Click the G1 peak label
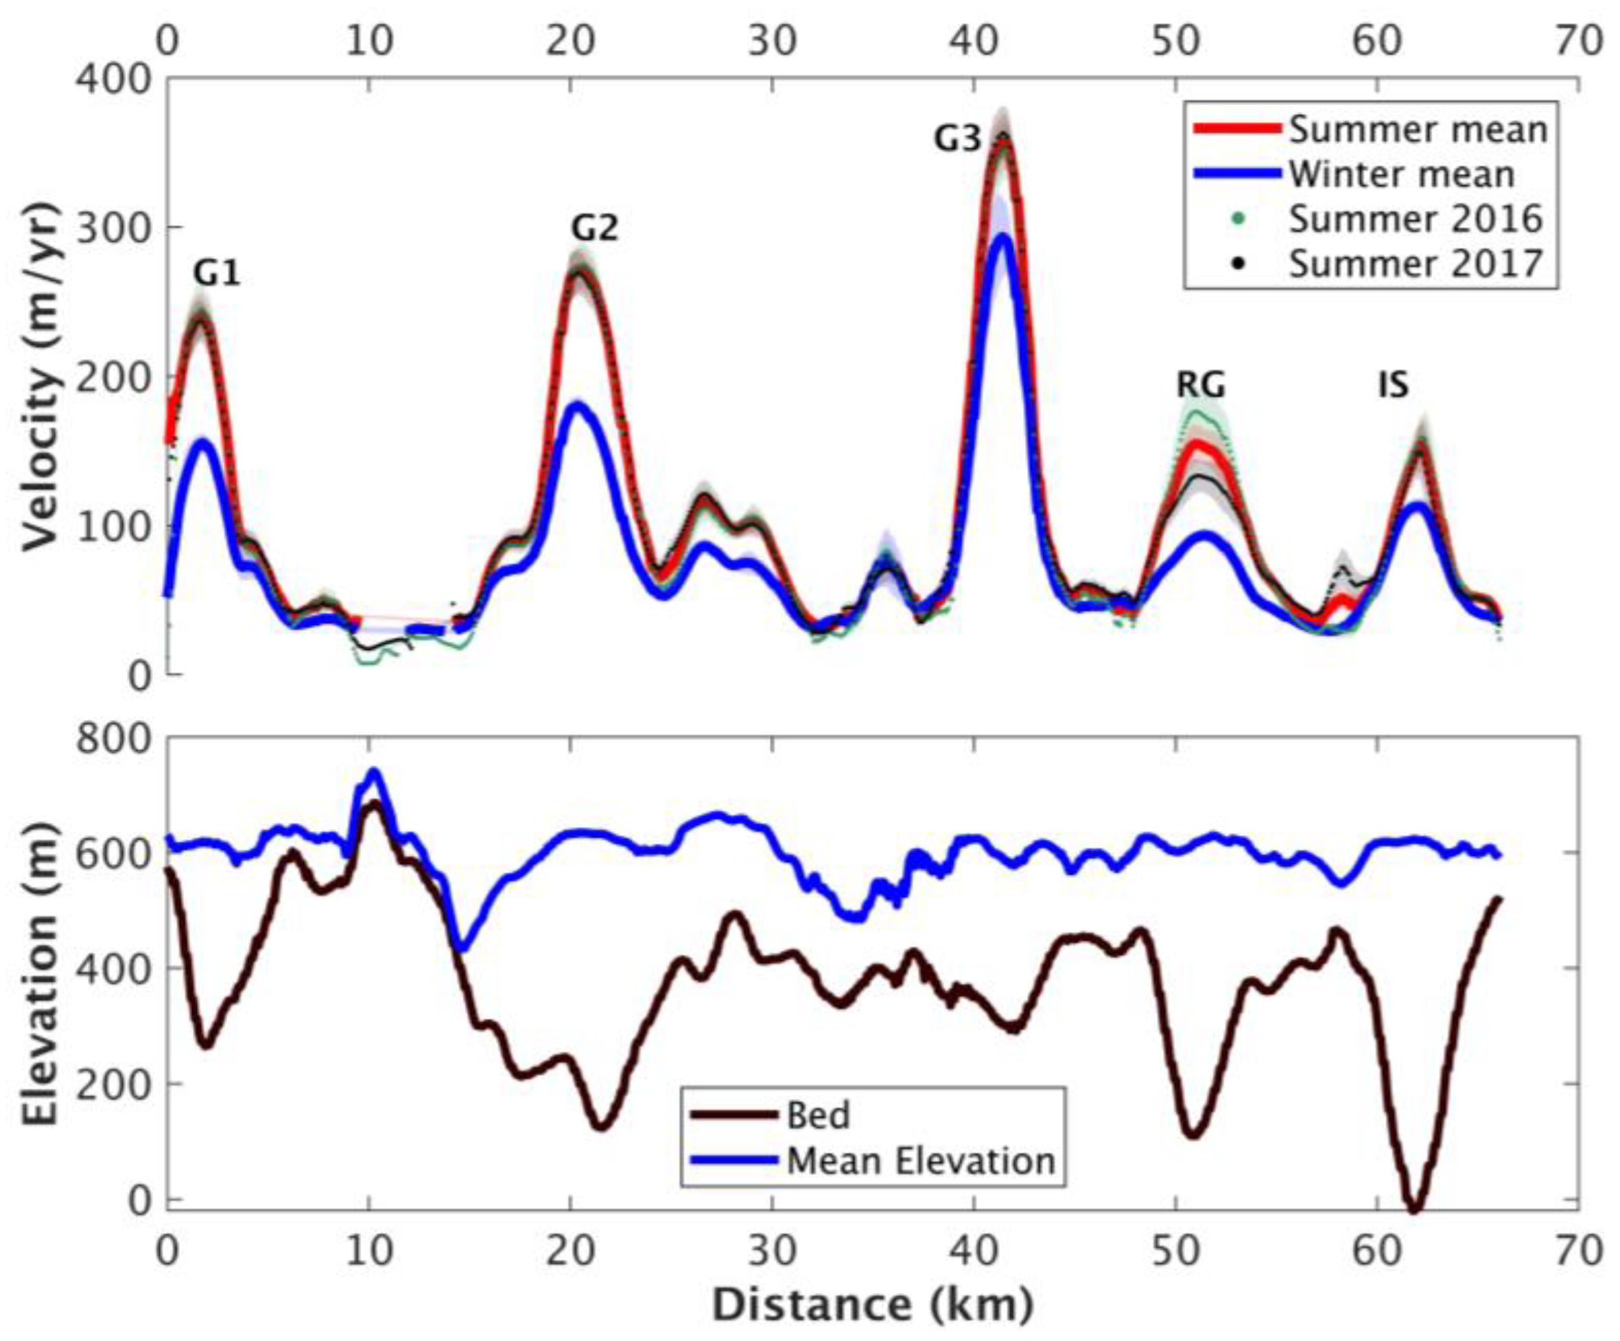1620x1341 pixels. tap(217, 273)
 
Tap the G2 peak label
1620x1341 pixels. tap(595, 229)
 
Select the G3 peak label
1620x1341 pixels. tap(957, 139)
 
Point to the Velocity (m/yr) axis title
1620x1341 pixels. tap(39, 377)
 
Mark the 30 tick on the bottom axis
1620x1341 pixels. tap(772, 1252)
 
